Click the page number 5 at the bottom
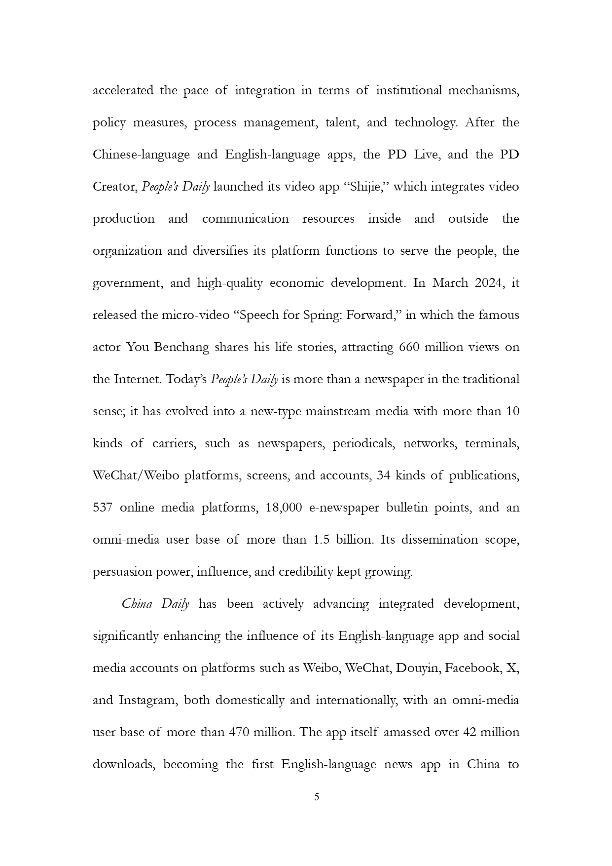click(317, 796)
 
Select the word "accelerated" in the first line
click(123, 91)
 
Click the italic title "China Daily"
click(155, 604)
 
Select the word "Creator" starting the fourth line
click(114, 187)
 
